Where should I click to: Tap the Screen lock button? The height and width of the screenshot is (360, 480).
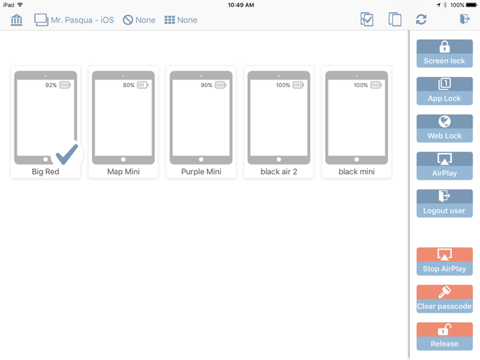point(444,53)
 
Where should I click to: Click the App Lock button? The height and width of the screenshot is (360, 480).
point(444,91)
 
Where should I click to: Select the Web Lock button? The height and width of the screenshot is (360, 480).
point(444,128)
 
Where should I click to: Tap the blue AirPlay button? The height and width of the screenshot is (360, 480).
point(444,166)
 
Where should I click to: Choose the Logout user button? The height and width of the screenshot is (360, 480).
point(444,204)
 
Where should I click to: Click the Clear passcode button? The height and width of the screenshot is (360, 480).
point(444,299)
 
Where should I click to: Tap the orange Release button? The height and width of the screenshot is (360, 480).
point(444,336)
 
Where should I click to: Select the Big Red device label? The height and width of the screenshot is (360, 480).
point(45,171)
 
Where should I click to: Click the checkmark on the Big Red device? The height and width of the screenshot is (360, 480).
point(67,154)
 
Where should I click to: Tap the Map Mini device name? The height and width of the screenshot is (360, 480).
point(123,171)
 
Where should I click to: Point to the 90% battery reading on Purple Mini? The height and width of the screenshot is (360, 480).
point(206,86)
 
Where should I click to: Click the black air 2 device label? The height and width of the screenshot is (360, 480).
point(279,171)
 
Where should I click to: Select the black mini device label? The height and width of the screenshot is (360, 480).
point(357,171)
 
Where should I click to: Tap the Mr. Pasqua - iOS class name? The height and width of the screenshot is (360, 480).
point(82,20)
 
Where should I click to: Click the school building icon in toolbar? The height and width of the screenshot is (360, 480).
point(16,20)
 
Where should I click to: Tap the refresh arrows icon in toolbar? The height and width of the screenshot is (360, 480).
point(421,20)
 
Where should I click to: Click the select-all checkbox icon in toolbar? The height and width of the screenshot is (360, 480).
point(367,20)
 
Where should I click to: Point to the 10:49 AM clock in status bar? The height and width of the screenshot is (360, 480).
point(241,5)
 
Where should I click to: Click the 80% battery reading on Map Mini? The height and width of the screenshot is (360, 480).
point(129,86)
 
